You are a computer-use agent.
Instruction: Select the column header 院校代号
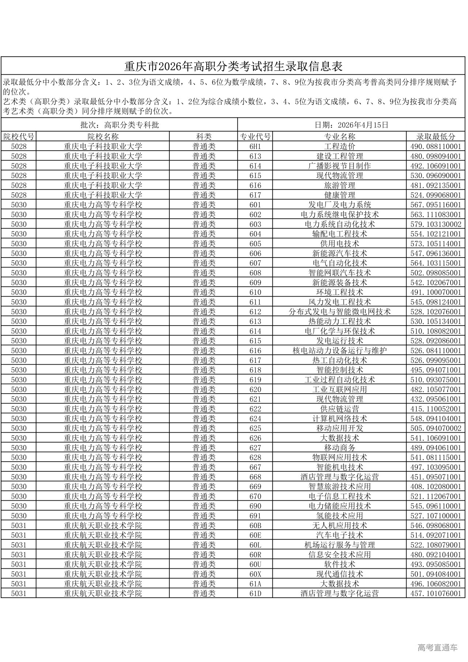19,137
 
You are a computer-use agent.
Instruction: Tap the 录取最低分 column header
436,137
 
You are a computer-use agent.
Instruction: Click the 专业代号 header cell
255,137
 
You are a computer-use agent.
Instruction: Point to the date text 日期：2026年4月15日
351,125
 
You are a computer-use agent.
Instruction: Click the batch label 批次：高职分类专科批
120,125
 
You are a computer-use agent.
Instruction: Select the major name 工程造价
340,146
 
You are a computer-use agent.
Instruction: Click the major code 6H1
255,146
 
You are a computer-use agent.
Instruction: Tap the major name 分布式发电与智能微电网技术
340,312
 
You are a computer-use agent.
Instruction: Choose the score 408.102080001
436,486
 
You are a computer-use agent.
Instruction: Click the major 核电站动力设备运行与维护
340,350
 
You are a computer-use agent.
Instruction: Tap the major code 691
255,516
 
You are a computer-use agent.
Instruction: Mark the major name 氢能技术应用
340,516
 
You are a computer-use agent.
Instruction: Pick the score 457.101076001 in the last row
436,593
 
